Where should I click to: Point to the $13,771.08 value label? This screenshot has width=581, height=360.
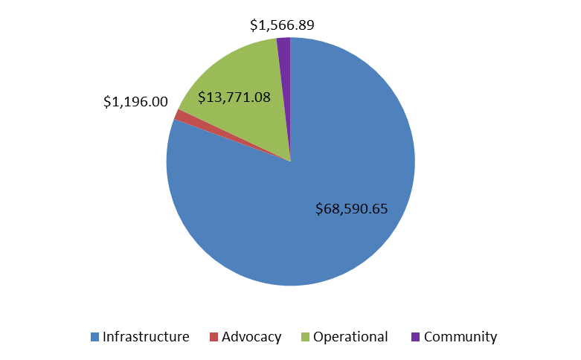tap(234, 97)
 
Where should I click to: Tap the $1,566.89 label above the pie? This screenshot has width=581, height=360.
tap(282, 25)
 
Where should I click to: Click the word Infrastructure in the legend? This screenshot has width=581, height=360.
tap(147, 337)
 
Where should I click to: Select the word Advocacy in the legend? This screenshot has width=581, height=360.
tap(253, 337)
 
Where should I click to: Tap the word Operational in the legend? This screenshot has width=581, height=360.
tap(350, 337)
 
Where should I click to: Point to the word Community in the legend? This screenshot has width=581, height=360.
tap(460, 337)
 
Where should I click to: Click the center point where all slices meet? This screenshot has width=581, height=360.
tap(290, 161)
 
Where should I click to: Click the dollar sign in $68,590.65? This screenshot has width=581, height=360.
tap(319, 209)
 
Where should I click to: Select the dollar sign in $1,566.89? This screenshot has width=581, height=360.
tap(254, 25)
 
